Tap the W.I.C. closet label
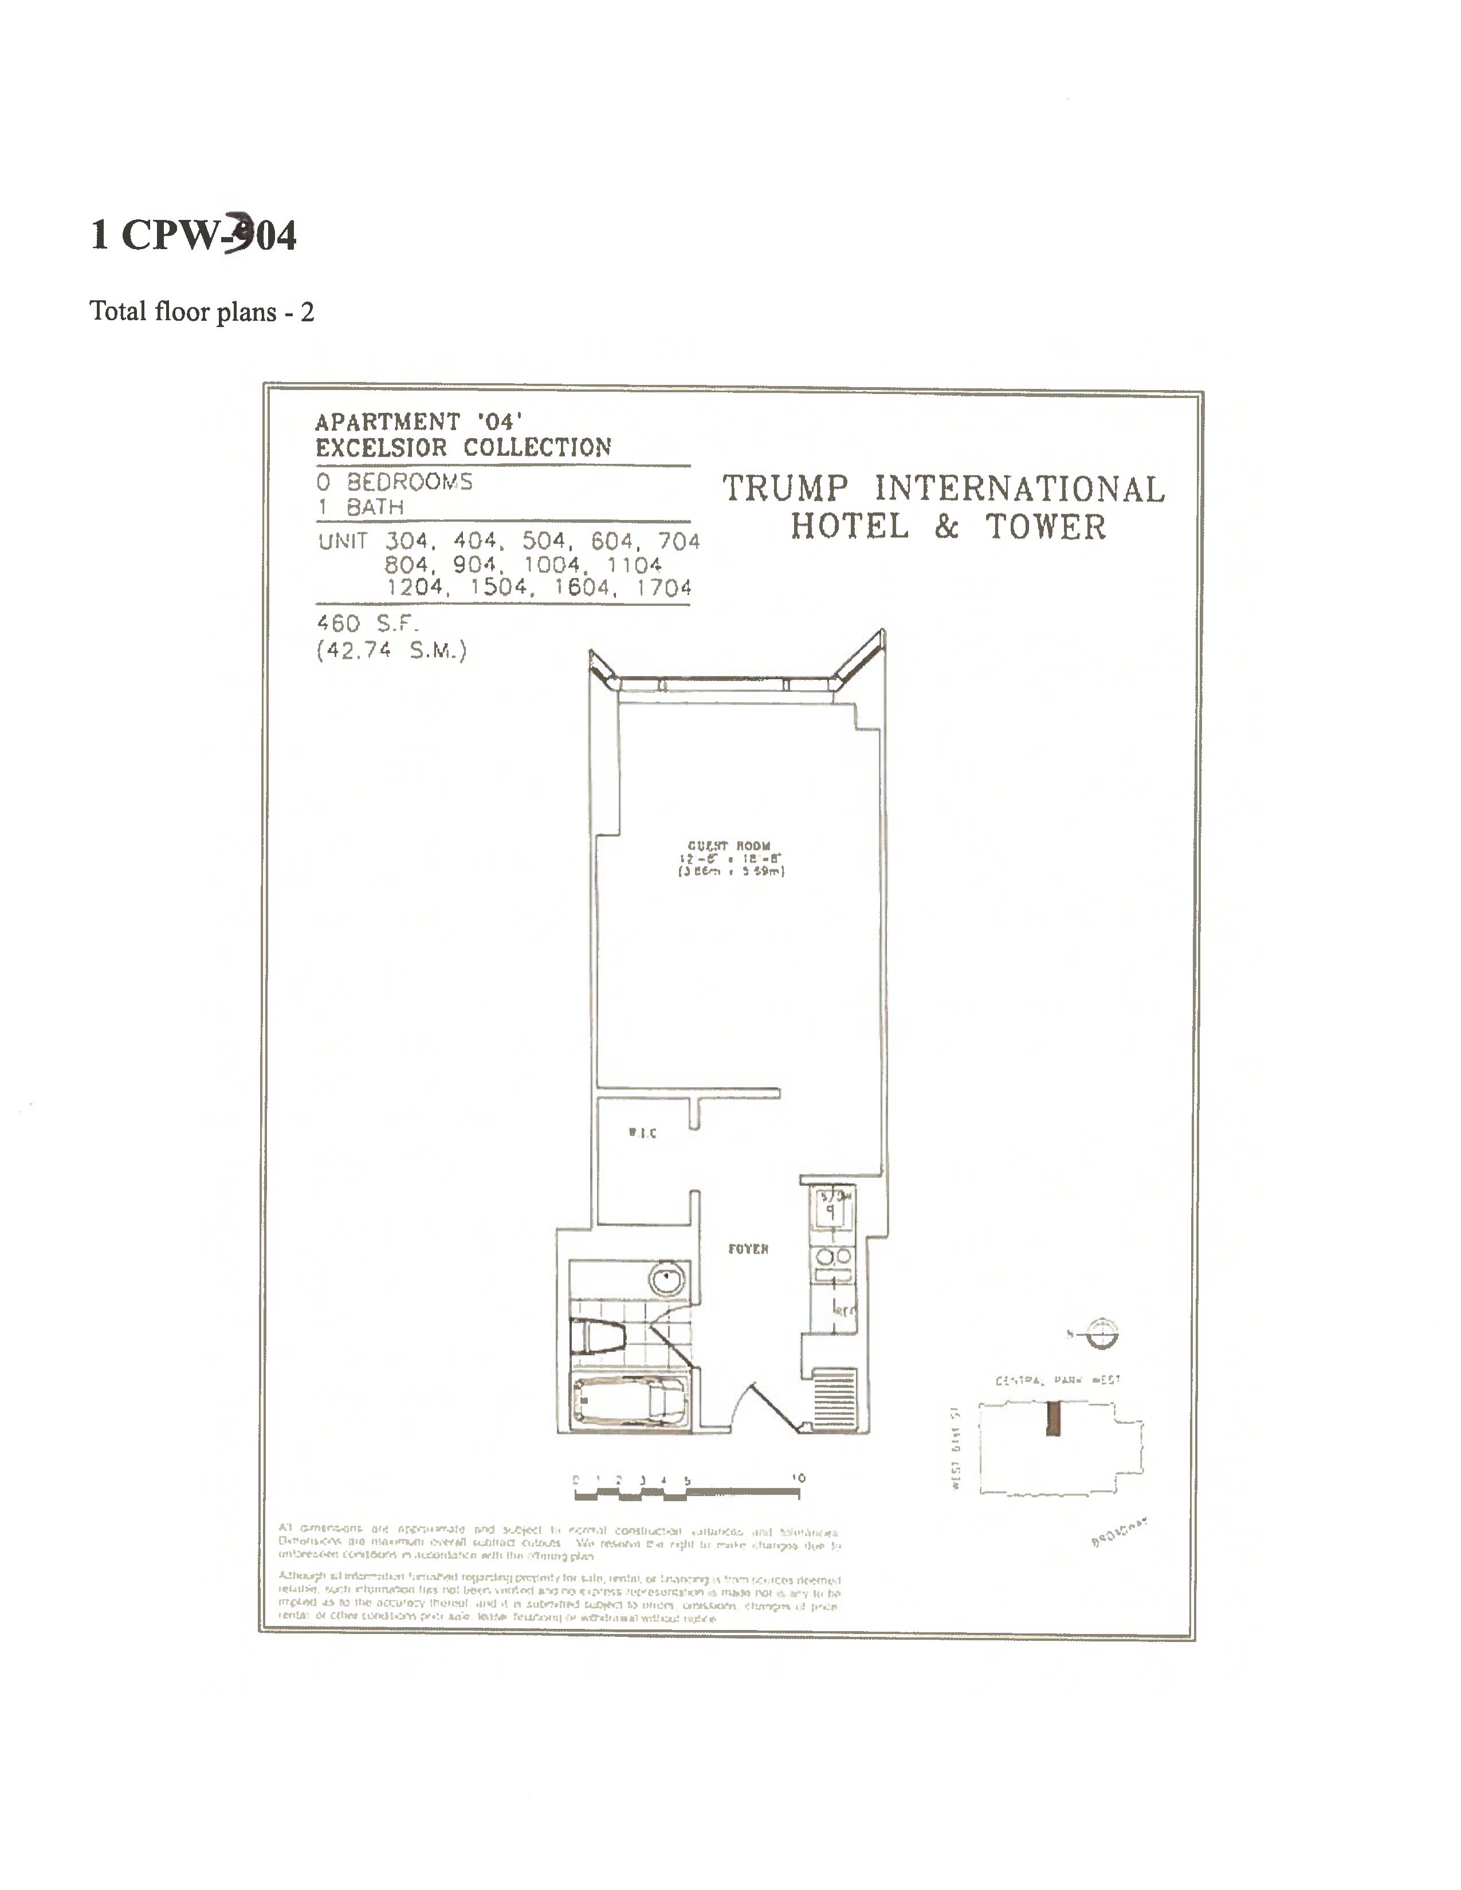click(642, 1133)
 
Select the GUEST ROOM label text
click(729, 845)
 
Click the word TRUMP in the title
click(786, 489)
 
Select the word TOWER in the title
click(1046, 527)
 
